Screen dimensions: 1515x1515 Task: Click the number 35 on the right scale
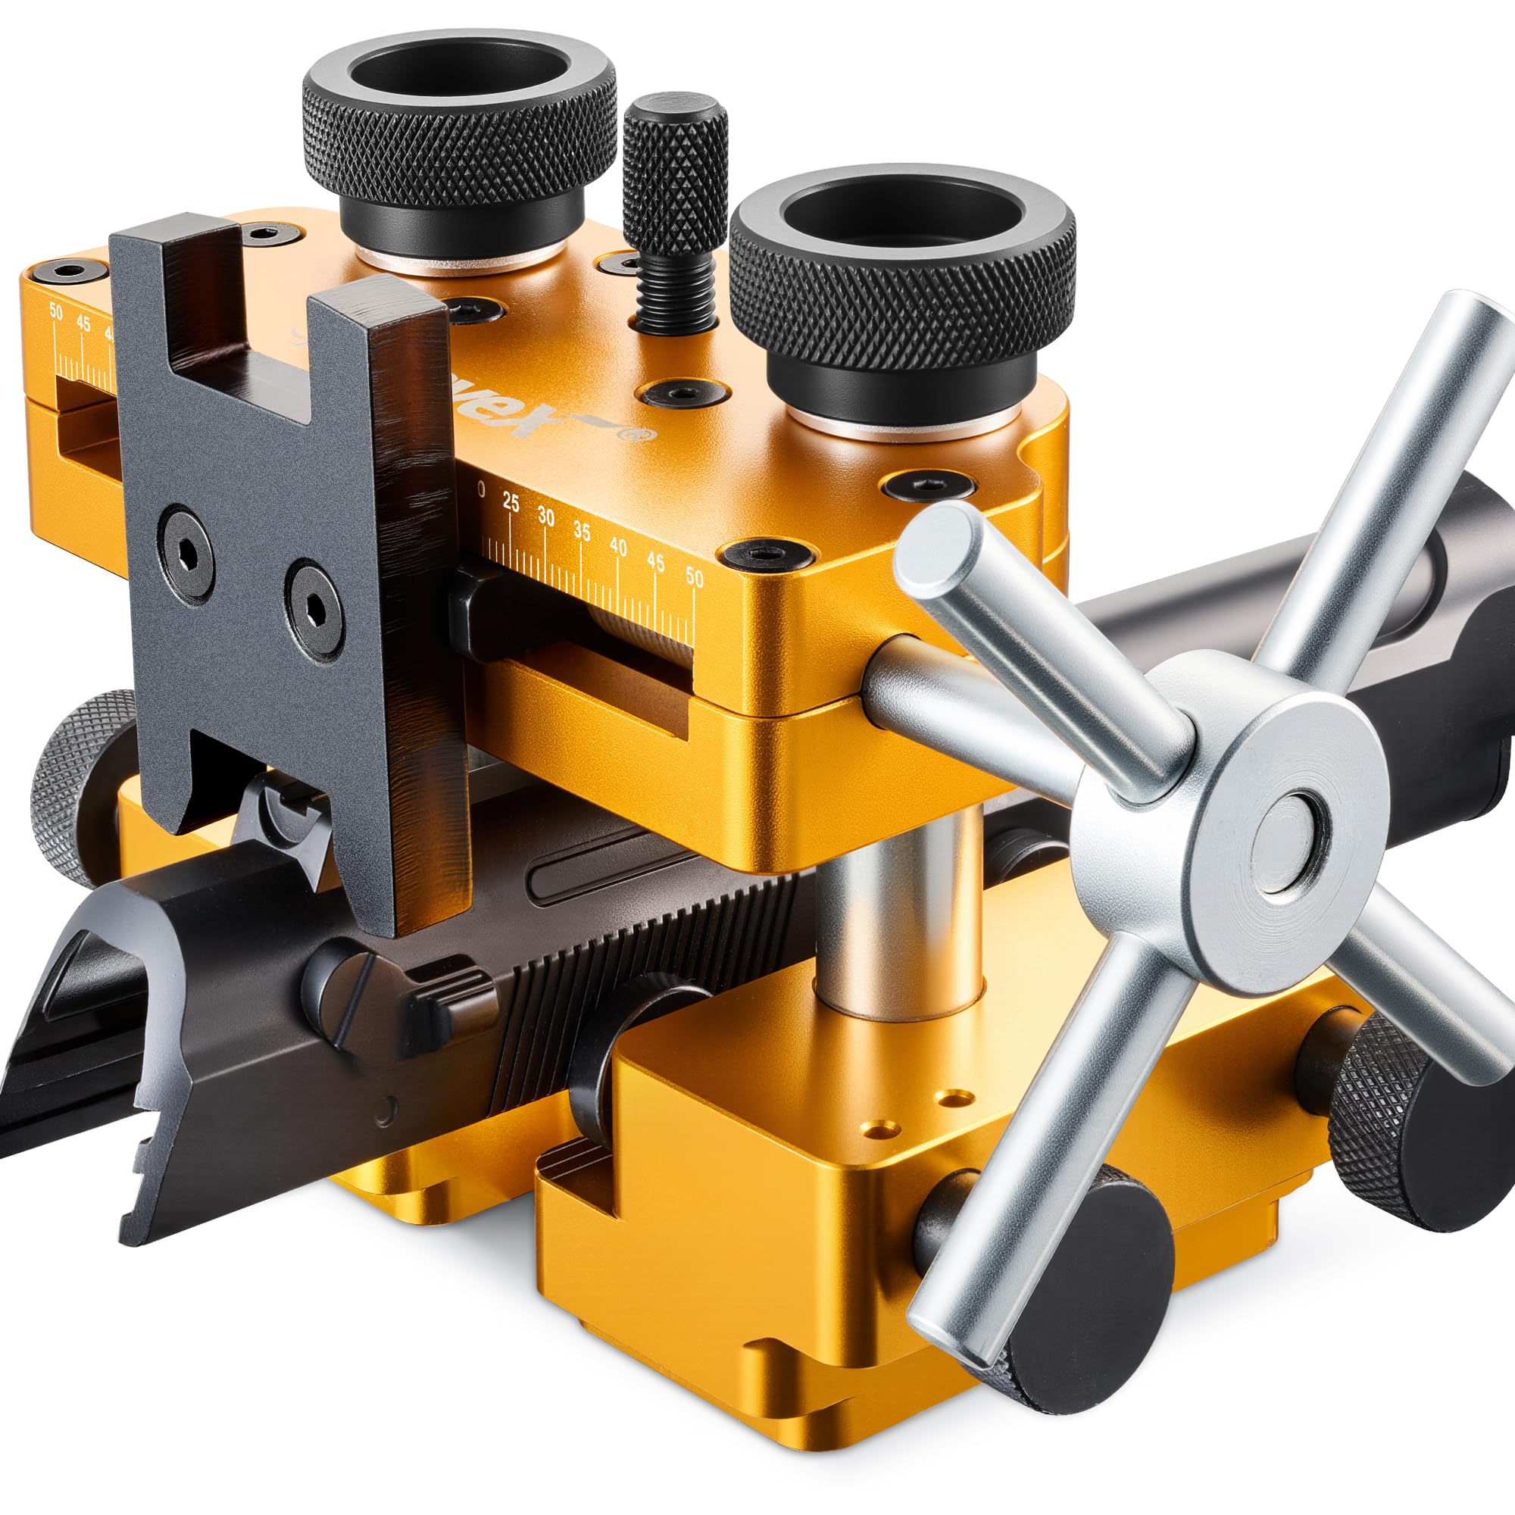coord(581,531)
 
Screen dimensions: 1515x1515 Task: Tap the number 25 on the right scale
coord(511,504)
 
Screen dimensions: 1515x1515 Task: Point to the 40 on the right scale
coord(619,547)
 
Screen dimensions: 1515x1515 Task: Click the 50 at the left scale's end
coord(55,311)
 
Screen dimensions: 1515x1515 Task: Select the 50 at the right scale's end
coord(694,577)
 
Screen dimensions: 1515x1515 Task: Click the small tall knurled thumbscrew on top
coord(675,168)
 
